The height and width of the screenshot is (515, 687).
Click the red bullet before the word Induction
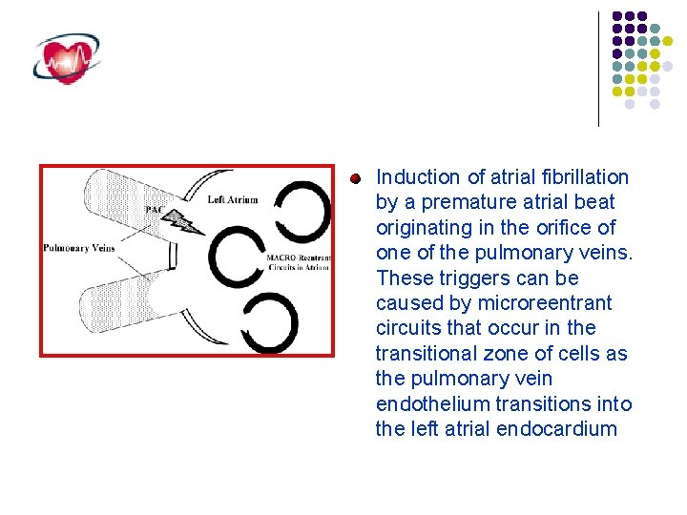[354, 178]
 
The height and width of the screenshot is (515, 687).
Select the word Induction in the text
[419, 177]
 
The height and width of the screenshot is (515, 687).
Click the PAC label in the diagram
[154, 209]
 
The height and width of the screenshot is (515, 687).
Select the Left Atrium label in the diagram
[232, 200]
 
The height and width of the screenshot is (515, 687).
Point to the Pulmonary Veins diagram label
[78, 249]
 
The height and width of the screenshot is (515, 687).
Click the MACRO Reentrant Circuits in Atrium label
[299, 263]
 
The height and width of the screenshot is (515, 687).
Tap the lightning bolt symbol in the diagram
[183, 221]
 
